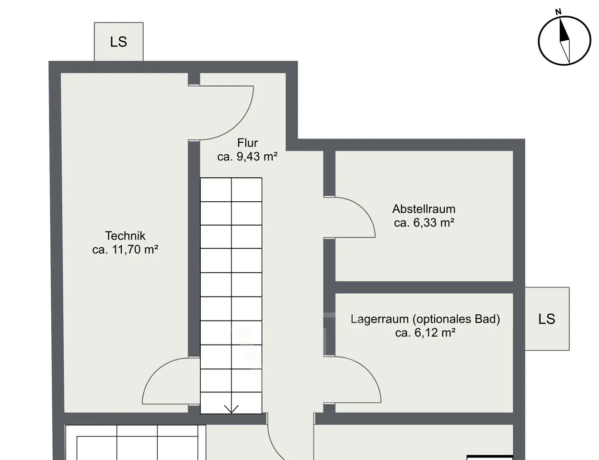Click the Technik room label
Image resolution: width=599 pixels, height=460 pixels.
[125, 236]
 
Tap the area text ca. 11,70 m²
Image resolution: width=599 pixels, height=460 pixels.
[125, 250]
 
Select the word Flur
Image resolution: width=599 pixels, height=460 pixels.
[248, 143]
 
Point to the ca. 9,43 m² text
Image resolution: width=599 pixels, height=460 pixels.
[247, 157]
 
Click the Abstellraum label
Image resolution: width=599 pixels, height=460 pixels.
[424, 209]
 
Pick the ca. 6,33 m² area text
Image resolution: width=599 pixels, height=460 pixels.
[424, 223]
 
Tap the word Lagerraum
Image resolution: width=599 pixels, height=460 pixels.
[380, 319]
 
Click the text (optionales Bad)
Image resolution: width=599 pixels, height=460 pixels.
[456, 319]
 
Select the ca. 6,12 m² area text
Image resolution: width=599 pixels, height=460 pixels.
[425, 333]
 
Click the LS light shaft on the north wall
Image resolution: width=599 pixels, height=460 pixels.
[119, 42]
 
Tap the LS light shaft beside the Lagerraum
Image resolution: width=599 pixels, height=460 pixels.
[547, 319]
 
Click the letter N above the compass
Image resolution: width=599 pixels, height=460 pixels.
[558, 11]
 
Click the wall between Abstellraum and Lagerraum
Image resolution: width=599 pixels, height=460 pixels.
[424, 287]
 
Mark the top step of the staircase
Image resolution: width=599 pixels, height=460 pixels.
[231, 190]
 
